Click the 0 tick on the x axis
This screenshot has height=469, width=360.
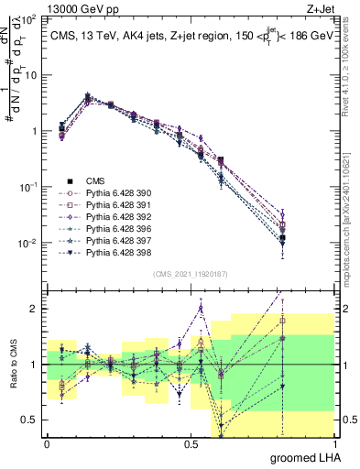tap(47, 444)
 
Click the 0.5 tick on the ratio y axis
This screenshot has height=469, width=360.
tap(33, 420)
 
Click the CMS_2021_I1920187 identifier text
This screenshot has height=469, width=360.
tap(190, 273)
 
